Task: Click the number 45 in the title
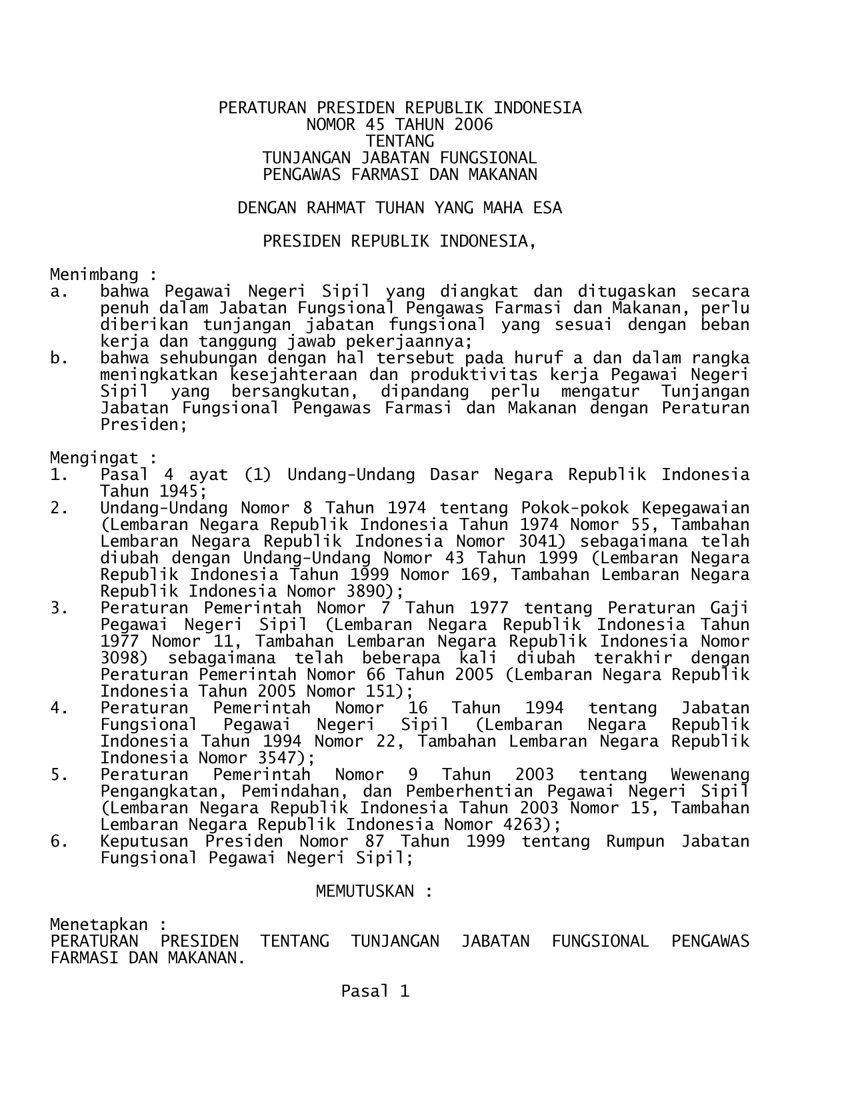[375, 125]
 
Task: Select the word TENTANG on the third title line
[400, 141]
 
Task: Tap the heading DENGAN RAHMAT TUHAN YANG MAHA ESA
[400, 208]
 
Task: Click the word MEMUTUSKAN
[365, 891]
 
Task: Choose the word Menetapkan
[99, 925]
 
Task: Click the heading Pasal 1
[375, 991]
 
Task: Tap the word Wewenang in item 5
[710, 775]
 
